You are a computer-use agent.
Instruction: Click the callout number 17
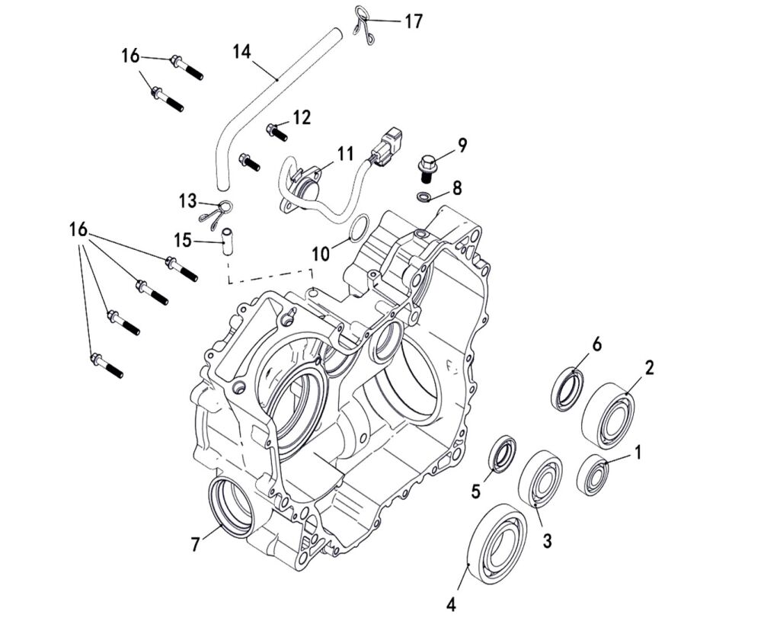[x=413, y=21]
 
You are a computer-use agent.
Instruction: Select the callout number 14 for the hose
[x=241, y=52]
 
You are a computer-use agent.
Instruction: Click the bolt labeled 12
[x=276, y=132]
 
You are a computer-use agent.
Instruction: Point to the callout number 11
[x=345, y=154]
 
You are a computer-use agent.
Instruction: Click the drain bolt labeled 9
[x=427, y=167]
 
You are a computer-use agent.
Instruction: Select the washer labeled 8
[x=424, y=198]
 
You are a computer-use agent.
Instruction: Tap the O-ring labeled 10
[x=360, y=228]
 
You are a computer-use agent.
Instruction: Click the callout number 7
[x=197, y=544]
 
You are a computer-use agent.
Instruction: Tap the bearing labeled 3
[x=540, y=479]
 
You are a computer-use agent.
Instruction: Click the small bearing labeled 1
[x=593, y=473]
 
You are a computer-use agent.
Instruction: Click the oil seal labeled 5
[x=502, y=454]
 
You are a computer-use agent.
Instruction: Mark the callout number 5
[x=476, y=491]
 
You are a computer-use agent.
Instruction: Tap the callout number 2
[x=649, y=368]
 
